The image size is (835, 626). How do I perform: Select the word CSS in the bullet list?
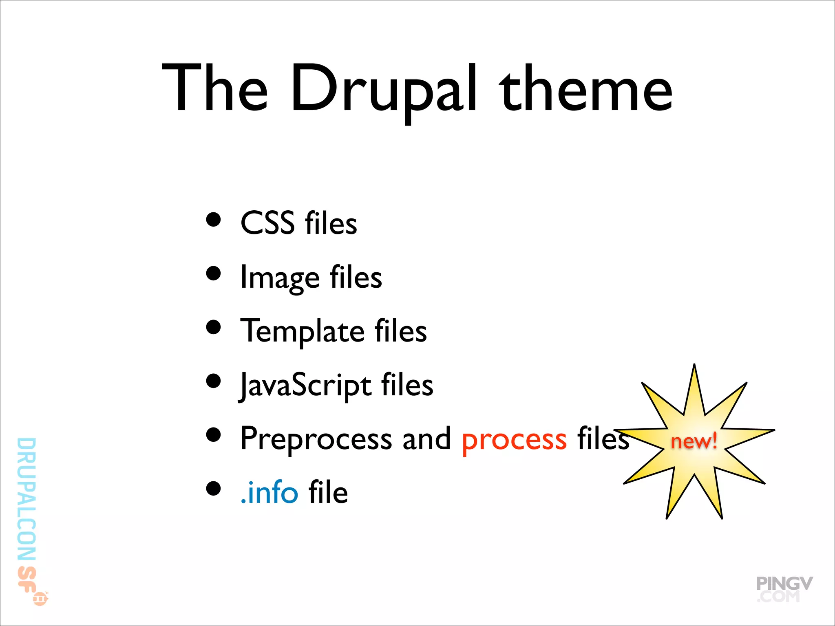pyautogui.click(x=267, y=223)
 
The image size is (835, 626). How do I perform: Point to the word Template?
pyautogui.click(x=302, y=331)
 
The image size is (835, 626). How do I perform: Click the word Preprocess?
pyautogui.click(x=316, y=439)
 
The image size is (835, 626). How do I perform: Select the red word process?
pyautogui.click(x=514, y=440)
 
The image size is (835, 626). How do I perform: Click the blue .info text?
pyautogui.click(x=269, y=492)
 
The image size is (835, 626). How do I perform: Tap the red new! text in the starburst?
pyautogui.click(x=694, y=441)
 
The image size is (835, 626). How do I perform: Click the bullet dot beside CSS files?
pyautogui.click(x=213, y=220)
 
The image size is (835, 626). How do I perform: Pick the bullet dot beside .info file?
pyautogui.click(x=213, y=488)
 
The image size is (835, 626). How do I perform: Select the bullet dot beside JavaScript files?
pyautogui.click(x=213, y=381)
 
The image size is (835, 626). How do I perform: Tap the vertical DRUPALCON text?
pyautogui.click(x=27, y=499)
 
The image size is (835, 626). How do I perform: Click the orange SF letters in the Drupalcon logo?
pyautogui.click(x=26, y=579)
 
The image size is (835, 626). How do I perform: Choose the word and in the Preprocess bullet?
pyautogui.click(x=426, y=439)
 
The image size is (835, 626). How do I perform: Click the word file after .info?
pyautogui.click(x=328, y=492)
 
